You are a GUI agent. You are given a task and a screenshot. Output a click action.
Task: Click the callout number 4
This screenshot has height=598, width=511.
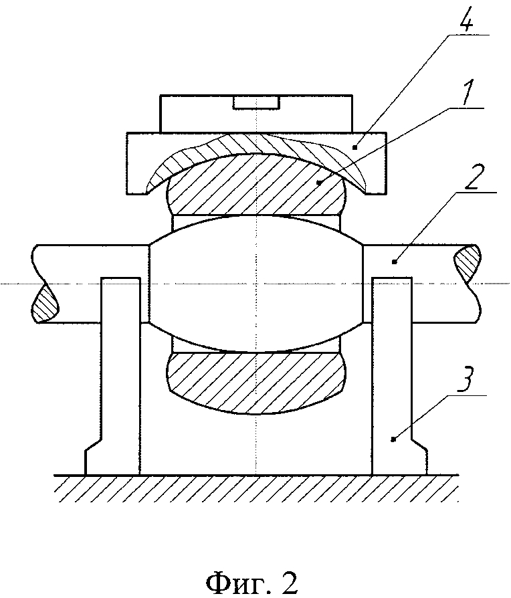point(466,17)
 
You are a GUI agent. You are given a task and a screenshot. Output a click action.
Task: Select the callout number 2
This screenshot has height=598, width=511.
point(472,178)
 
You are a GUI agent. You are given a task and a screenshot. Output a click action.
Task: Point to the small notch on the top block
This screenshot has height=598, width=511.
point(257,102)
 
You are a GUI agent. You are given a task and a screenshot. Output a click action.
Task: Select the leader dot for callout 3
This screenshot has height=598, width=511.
point(394,439)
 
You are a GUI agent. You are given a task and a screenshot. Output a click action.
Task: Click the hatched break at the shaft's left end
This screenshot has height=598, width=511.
point(45,303)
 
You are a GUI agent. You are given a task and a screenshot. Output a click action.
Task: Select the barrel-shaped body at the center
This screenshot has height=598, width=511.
point(255,284)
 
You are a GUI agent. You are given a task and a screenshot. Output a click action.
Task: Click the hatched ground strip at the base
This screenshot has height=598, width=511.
point(256,488)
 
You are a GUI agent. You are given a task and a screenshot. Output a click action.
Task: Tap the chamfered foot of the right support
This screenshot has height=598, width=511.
point(419,457)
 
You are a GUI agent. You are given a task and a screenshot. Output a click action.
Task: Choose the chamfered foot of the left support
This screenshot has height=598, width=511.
point(93,457)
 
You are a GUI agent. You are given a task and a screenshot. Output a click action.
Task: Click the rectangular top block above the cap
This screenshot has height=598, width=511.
point(256,114)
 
